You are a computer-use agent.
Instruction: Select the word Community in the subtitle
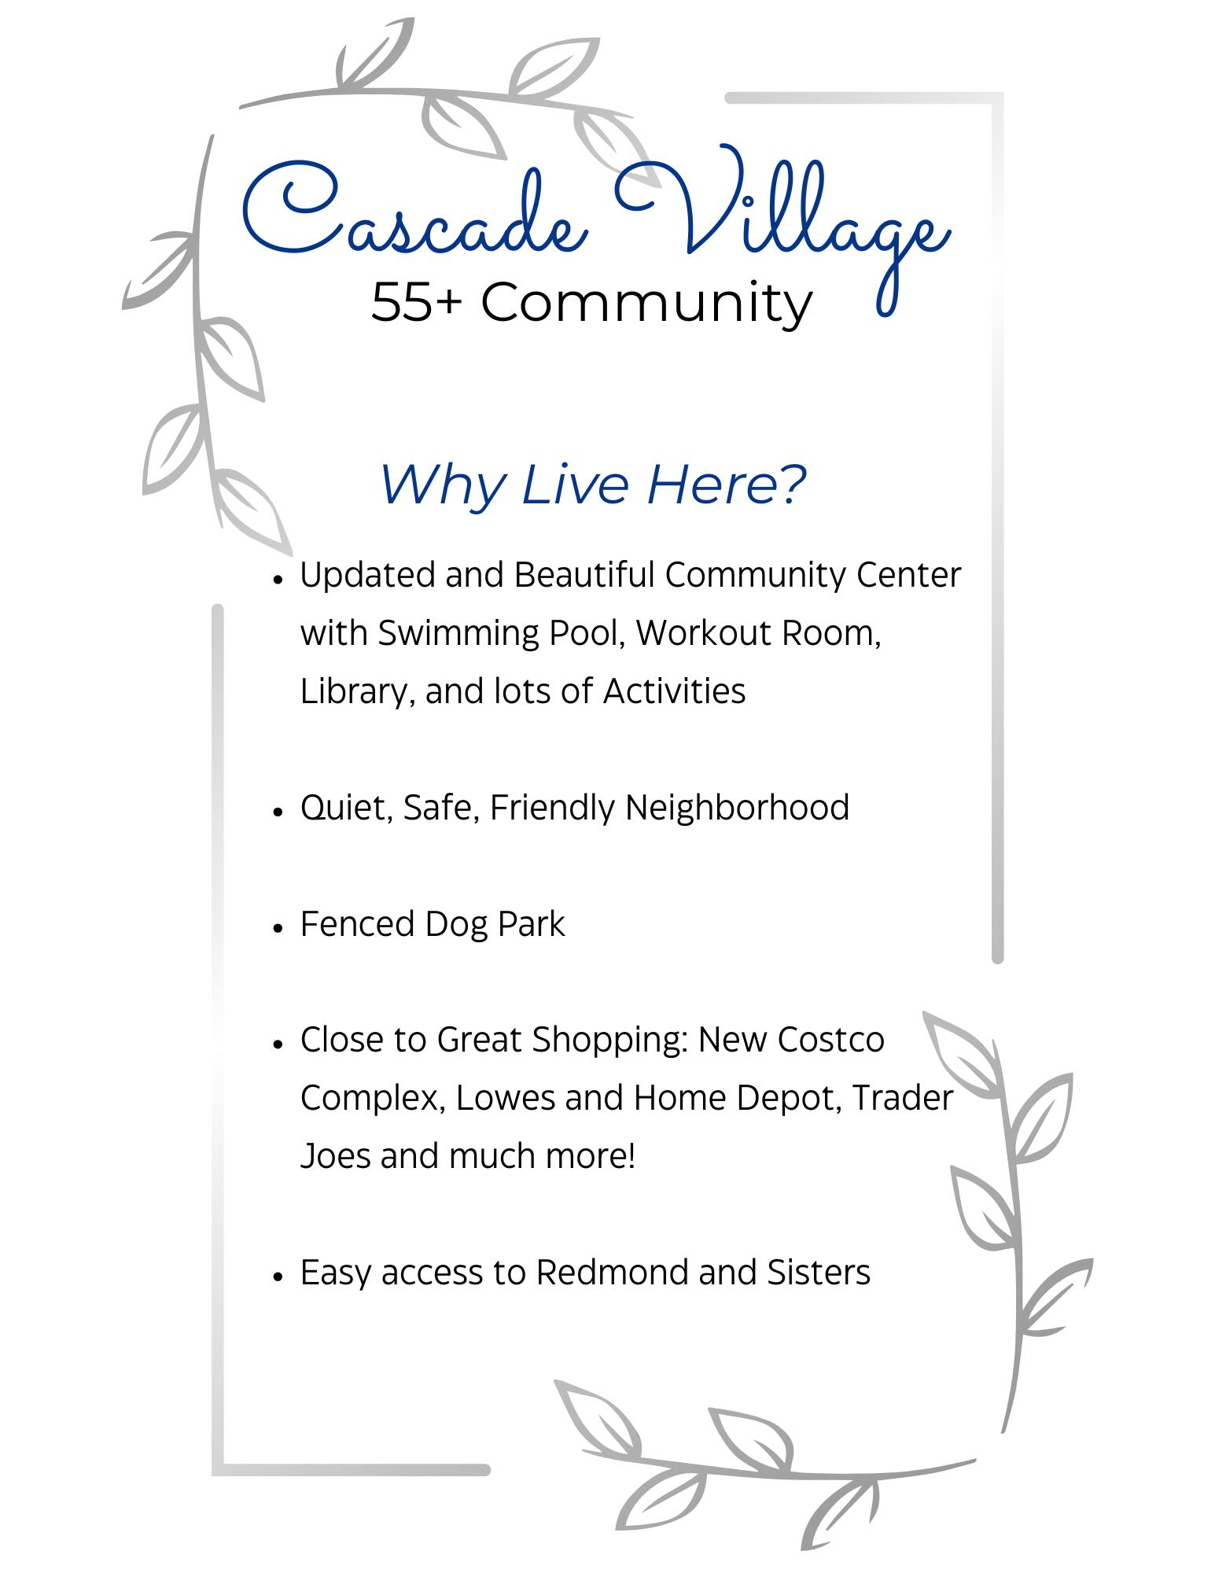tap(646, 303)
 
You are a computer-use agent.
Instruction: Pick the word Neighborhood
tap(737, 808)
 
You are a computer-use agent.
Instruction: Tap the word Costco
tap(832, 1040)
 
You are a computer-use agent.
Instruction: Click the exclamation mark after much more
tap(631, 1156)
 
